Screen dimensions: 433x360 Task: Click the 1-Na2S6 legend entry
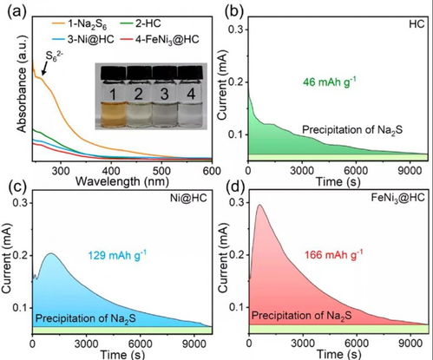tap(80, 24)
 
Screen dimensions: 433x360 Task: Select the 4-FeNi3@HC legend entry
tap(160, 39)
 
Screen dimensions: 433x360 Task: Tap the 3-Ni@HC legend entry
tap(83, 39)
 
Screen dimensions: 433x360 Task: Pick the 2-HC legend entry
tap(141, 23)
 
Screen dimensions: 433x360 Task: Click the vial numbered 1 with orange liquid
tap(113, 97)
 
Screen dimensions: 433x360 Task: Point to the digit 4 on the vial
tap(191, 94)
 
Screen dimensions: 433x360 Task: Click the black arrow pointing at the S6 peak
tap(44, 69)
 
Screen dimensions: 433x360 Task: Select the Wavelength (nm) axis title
tap(121, 181)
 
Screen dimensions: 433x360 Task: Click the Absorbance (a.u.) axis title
tap(22, 84)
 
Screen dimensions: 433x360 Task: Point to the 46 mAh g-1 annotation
tap(329, 82)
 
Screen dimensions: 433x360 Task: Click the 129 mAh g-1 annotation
tap(117, 255)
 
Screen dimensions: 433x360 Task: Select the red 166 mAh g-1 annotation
tap(333, 255)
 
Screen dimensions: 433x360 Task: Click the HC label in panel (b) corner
tap(417, 24)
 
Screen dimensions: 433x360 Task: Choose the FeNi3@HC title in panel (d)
tap(397, 198)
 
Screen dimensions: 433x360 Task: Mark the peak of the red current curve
tap(259, 205)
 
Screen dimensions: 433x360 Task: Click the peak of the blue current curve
tap(51, 253)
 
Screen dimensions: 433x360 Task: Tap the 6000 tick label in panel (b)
tap(356, 171)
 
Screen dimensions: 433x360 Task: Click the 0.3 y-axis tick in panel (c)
tap(20, 203)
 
